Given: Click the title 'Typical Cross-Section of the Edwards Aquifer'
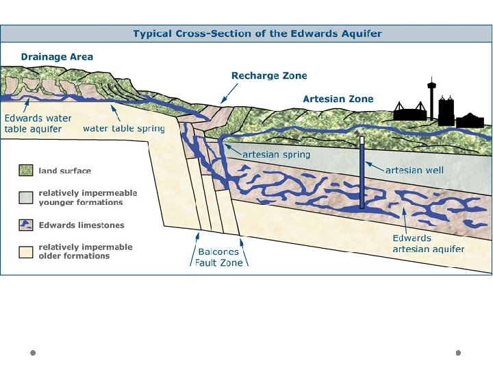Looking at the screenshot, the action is click(x=257, y=33).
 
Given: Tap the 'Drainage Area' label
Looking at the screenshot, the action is click(x=57, y=56).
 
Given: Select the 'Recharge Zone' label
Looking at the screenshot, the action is click(x=269, y=75).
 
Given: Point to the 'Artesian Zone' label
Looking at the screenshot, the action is click(x=338, y=99).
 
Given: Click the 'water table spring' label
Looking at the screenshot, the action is click(x=124, y=128).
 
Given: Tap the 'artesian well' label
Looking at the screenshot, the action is click(x=414, y=170).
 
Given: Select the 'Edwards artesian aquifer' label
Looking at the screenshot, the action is click(x=428, y=243).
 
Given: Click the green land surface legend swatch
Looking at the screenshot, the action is click(x=27, y=171).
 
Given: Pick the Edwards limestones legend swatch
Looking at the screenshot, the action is click(x=27, y=224).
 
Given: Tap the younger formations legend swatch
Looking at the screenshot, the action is click(x=27, y=197).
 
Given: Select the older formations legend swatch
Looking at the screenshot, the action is click(x=27, y=251).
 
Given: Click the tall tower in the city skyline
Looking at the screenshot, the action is click(x=431, y=103).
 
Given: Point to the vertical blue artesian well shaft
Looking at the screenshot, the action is click(x=362, y=175).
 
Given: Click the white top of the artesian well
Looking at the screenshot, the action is click(x=362, y=141).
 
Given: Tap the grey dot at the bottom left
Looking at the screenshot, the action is click(x=32, y=353).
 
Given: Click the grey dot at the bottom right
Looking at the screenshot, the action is click(x=458, y=353).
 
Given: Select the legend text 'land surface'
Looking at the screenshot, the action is click(x=64, y=171).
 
